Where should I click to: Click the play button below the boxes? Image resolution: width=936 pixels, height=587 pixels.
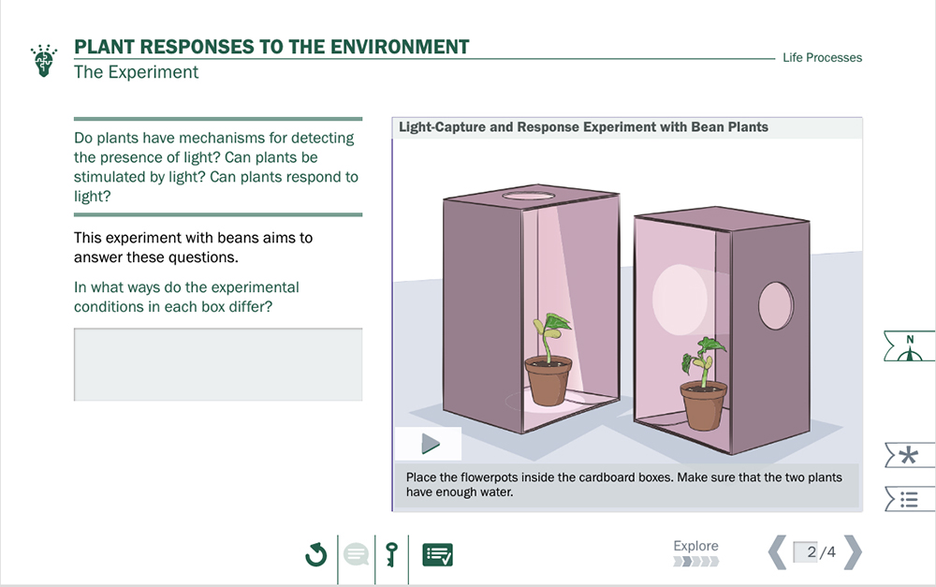tap(431, 444)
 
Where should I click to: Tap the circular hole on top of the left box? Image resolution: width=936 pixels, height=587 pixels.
tap(528, 196)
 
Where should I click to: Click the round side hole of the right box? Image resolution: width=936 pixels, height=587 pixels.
tap(775, 306)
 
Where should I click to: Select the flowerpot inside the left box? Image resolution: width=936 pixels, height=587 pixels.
tap(548, 381)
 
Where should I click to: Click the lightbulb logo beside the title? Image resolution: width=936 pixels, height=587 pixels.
tap(44, 60)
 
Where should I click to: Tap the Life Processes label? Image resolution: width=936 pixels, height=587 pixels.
tap(822, 57)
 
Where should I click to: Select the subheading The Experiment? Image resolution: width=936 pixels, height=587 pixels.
tap(136, 72)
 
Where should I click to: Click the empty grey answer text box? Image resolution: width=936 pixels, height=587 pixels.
tap(218, 364)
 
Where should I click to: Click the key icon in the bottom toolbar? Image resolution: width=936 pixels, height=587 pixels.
tap(391, 554)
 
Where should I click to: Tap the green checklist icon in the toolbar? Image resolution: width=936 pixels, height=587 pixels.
tap(437, 554)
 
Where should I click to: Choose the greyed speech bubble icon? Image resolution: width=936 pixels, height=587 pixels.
tap(356, 554)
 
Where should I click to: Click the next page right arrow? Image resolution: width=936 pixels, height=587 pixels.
tap(853, 551)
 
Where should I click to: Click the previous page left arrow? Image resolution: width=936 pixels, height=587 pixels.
tap(777, 551)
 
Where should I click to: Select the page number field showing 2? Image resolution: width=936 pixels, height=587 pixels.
tap(805, 551)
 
